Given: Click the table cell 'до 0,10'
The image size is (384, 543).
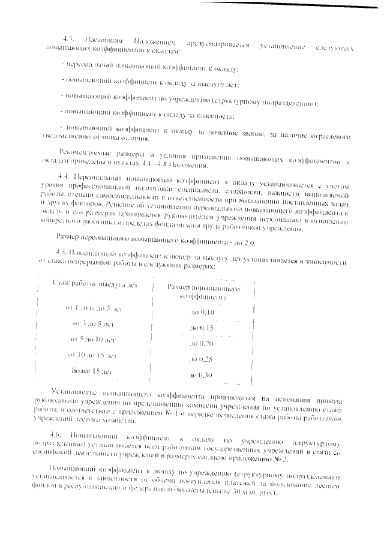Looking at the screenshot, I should click(x=202, y=313).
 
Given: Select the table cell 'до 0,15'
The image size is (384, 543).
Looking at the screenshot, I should click(x=202, y=328).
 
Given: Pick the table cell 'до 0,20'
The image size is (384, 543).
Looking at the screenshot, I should click(x=202, y=344).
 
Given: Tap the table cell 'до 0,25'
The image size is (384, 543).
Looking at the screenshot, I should click(x=202, y=359).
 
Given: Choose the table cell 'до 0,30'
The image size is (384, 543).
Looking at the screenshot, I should click(x=202, y=375).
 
